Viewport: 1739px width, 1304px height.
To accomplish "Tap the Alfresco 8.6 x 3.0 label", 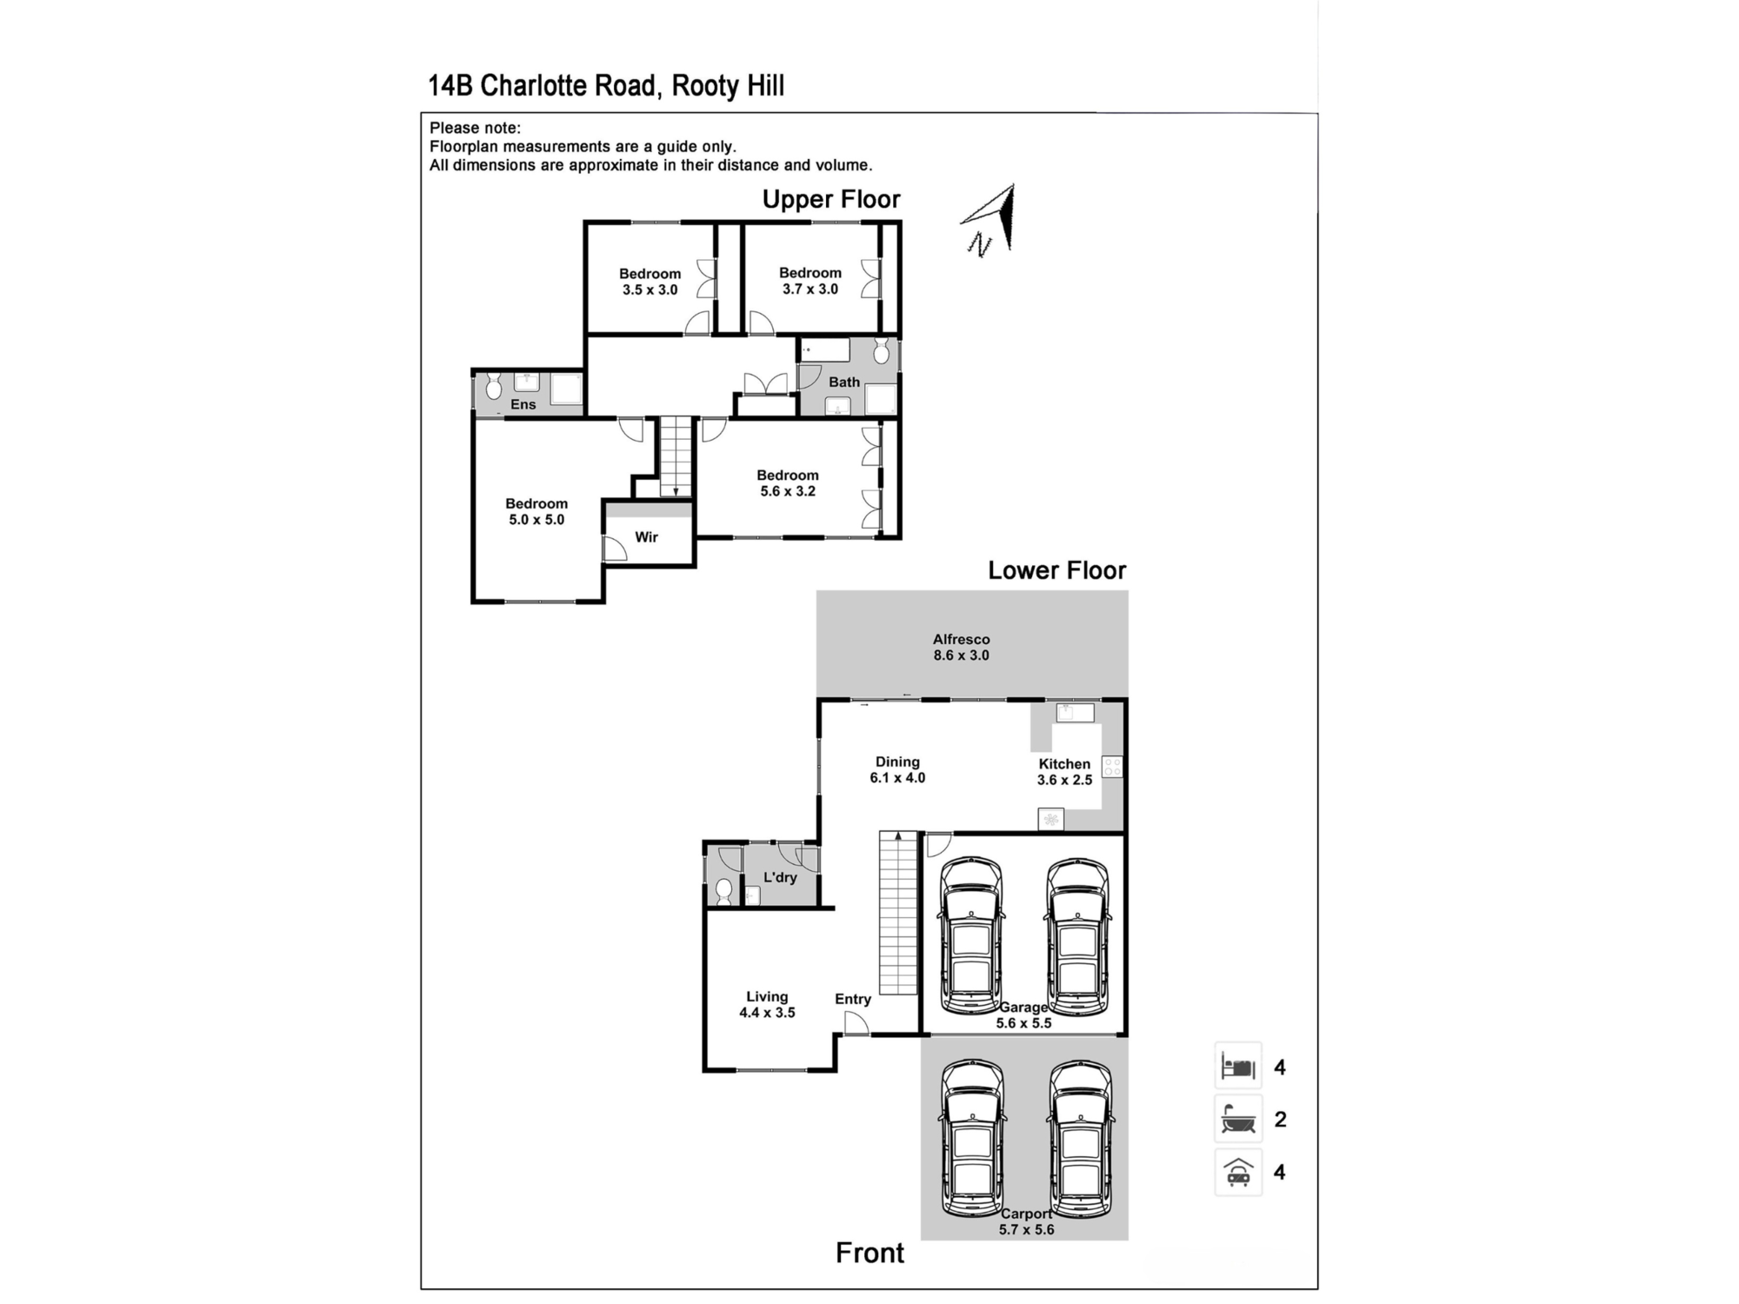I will (x=961, y=648).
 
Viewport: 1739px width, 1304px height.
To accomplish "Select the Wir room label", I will (x=646, y=537).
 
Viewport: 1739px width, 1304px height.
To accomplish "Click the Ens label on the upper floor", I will (x=523, y=404).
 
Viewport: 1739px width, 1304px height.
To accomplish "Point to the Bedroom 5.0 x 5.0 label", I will (x=536, y=512).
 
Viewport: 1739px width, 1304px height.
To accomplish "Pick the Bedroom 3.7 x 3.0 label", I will (x=810, y=281).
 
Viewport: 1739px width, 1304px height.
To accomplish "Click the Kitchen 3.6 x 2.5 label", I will (x=1064, y=772).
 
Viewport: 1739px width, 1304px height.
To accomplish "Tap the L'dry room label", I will (x=780, y=877).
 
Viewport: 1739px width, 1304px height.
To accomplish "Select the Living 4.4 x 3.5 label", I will (x=767, y=1005).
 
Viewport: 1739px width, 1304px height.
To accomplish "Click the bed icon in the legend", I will (x=1238, y=1066).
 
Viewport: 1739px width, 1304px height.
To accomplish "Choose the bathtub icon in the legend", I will (x=1238, y=1119).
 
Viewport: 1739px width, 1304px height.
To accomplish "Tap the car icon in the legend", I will (x=1238, y=1172).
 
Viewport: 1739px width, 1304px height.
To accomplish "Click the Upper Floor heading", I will (x=830, y=200).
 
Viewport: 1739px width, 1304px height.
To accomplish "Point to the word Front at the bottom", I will (x=869, y=1253).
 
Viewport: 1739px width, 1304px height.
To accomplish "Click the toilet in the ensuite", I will (x=494, y=387).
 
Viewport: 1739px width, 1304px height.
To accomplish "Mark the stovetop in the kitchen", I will (x=1112, y=767).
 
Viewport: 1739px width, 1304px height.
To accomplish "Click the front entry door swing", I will (x=856, y=1024).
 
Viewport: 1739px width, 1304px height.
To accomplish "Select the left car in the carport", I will (x=972, y=1139).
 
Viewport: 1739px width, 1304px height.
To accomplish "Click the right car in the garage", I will (x=1077, y=936).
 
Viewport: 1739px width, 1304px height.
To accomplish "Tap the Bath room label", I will (x=843, y=382).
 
